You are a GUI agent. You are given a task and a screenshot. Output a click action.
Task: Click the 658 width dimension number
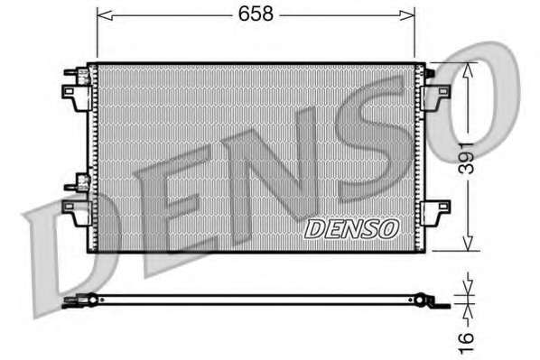click(256, 14)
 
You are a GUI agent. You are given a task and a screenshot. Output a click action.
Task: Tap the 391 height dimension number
click(468, 158)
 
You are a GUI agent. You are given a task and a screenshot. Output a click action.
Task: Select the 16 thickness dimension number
click(467, 342)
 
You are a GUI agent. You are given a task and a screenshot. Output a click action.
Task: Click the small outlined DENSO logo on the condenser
click(351, 229)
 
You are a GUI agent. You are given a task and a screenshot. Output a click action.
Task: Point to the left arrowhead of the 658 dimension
click(105, 15)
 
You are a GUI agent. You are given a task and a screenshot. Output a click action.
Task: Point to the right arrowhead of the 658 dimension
click(407, 15)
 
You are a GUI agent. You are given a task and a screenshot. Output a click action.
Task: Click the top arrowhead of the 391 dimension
click(468, 71)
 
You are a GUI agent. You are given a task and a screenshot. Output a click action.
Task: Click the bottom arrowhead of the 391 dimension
click(468, 243)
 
